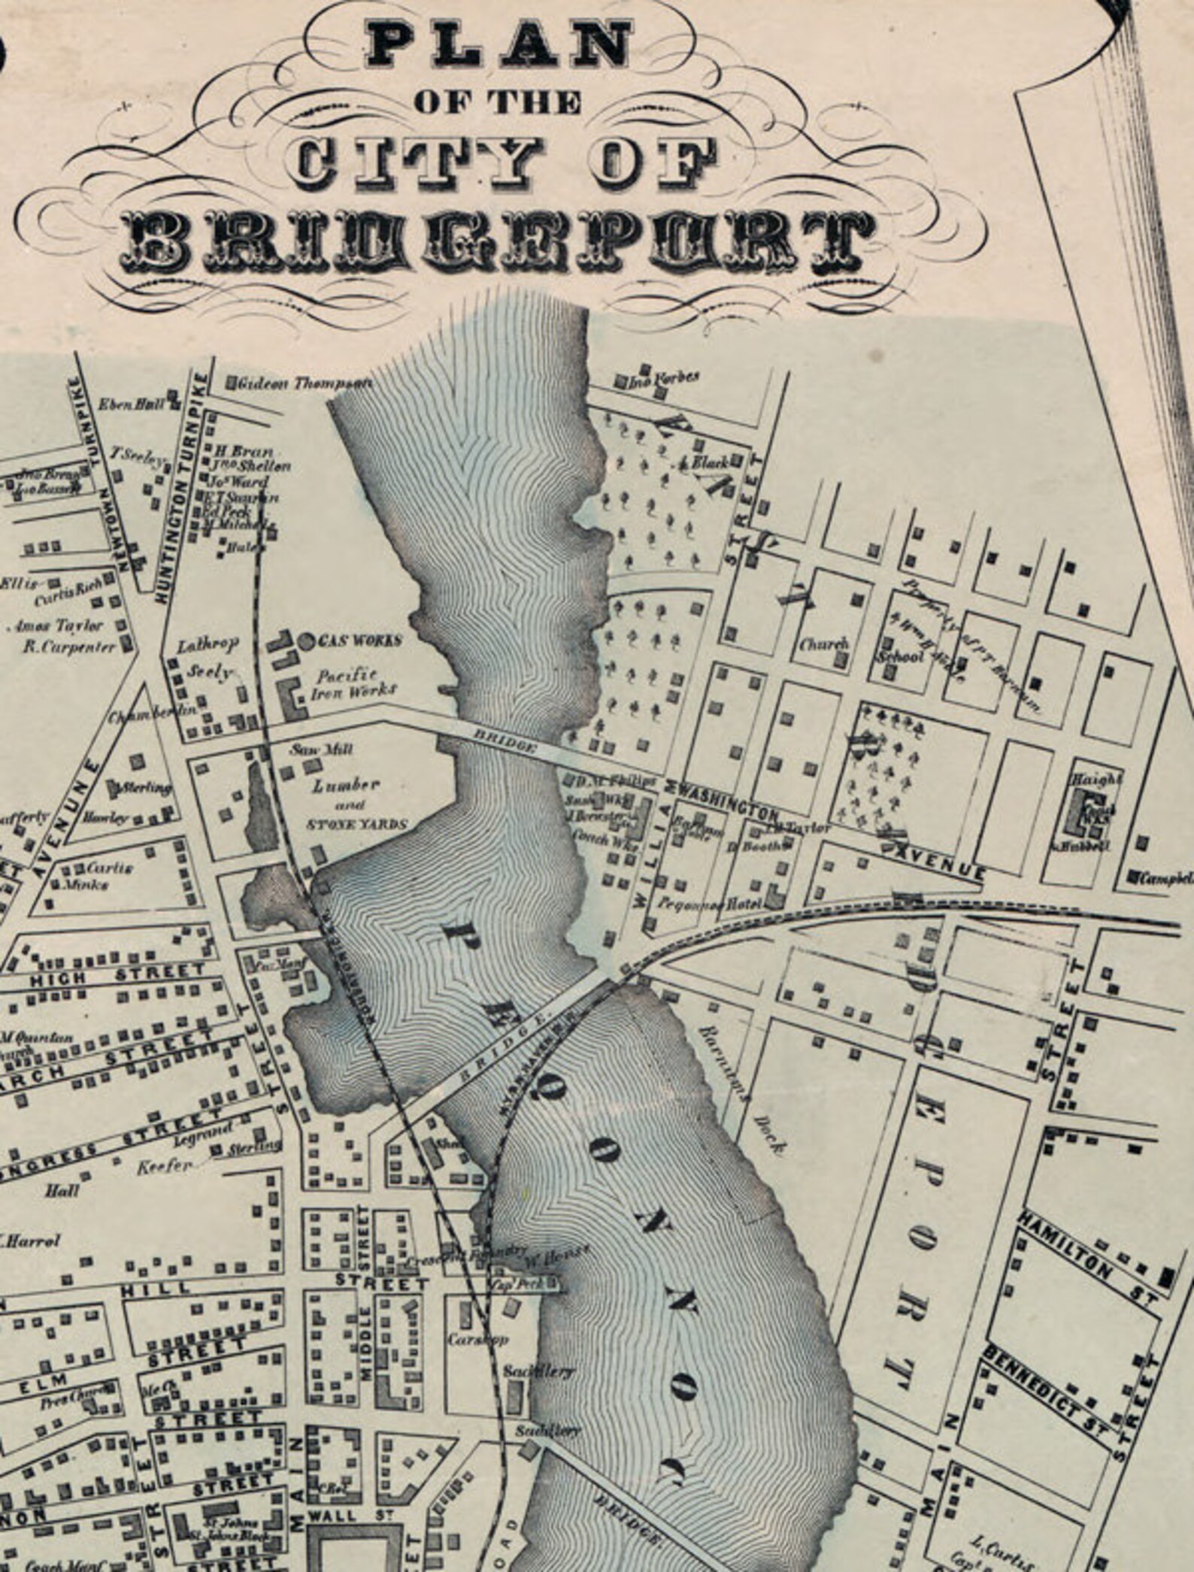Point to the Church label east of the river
tap(823, 644)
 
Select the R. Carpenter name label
tap(68, 646)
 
